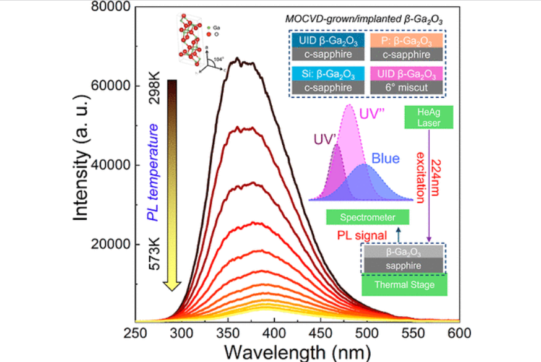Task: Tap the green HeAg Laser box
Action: pyautogui.click(x=428, y=116)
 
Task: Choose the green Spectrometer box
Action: pyautogui.click(x=368, y=217)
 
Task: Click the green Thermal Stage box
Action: pyautogui.click(x=404, y=285)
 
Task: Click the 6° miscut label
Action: pyautogui.click(x=407, y=87)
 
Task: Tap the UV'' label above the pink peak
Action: pyautogui.click(x=374, y=115)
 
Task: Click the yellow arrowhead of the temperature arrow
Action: pyautogui.click(x=173, y=283)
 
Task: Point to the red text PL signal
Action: pyautogui.click(x=361, y=235)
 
